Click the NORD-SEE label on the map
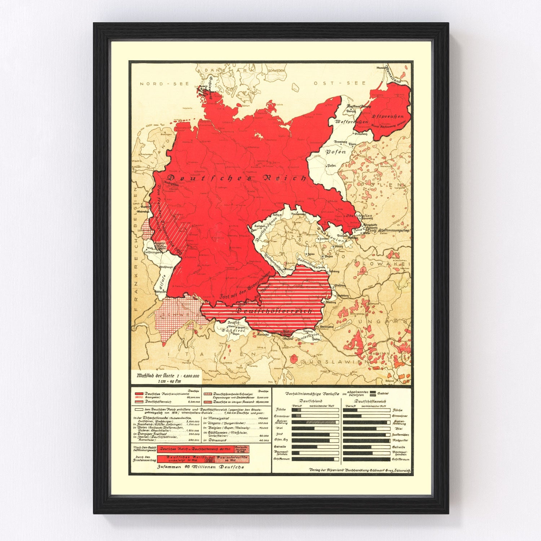(159, 84)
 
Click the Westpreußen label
(351, 122)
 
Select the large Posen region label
(335, 152)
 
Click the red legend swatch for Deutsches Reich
(139, 393)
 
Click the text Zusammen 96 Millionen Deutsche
(201, 467)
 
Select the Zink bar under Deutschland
(315, 435)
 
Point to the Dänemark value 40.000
(264, 440)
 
